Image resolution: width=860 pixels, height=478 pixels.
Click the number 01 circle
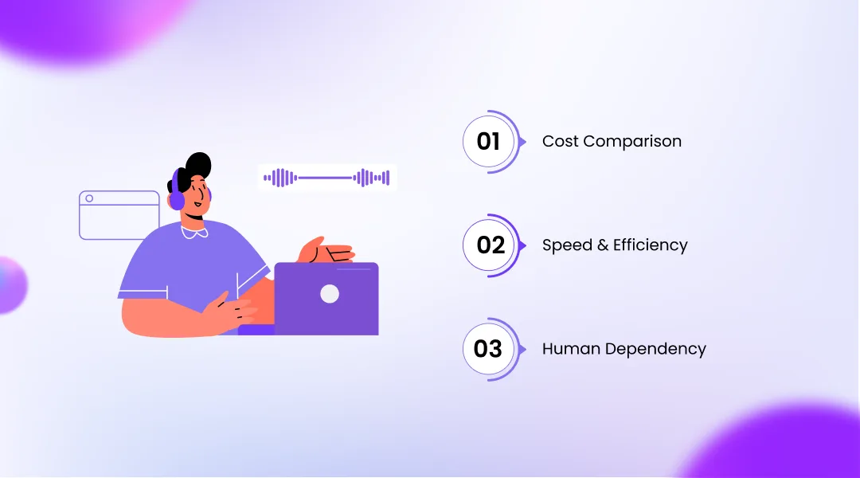pos(488,142)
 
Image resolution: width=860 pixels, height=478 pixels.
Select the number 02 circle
pos(491,245)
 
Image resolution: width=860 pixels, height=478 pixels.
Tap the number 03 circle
pos(488,349)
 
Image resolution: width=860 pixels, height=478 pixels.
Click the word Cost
pos(560,142)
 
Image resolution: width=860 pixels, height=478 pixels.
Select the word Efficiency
pos(650,245)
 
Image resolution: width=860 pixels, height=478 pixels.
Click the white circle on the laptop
pos(330,294)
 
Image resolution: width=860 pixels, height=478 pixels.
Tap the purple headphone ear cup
pos(176,196)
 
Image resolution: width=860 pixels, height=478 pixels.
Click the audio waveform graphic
pos(328,178)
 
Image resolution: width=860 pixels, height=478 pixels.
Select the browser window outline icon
pos(119,215)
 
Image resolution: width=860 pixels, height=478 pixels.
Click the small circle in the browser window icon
pos(89,198)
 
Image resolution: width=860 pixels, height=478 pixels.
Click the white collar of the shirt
pos(194,232)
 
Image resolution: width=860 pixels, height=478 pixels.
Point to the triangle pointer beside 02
pos(522,245)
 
